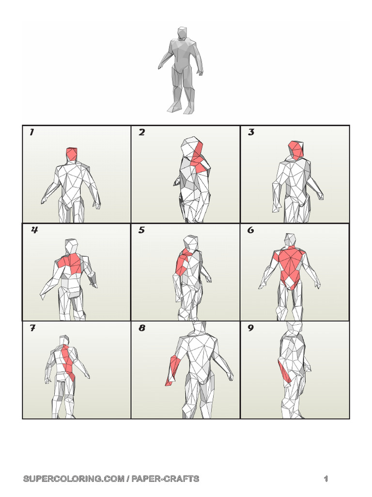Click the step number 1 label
[x=32, y=132]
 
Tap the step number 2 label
[x=141, y=133]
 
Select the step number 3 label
[x=251, y=133]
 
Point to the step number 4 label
[x=34, y=230]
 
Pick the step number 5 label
[x=141, y=230]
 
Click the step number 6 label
[x=250, y=230]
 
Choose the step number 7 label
[x=32, y=328]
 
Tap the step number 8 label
[x=142, y=328]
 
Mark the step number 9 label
[x=250, y=328]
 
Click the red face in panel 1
[x=72, y=154]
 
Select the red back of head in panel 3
[x=295, y=149]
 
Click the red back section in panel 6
[x=290, y=265]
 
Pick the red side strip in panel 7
[x=68, y=361]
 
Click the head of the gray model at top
[x=182, y=33]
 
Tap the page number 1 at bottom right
[x=326, y=479]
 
